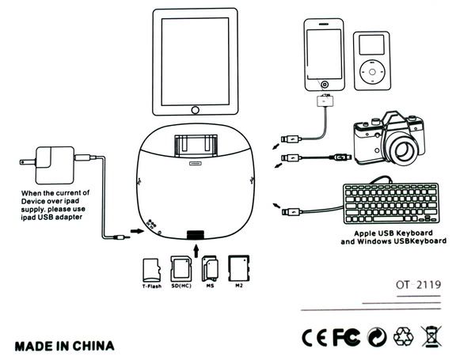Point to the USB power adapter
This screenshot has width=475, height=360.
tap(53, 165)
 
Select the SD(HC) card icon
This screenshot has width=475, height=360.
tap(180, 269)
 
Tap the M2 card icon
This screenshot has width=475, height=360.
tap(238, 268)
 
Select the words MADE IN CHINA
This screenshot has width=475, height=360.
tap(64, 346)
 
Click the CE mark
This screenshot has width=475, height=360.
tap(314, 338)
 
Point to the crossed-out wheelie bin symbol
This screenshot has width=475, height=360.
tap(431, 338)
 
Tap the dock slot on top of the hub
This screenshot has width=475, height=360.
tap(194, 146)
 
